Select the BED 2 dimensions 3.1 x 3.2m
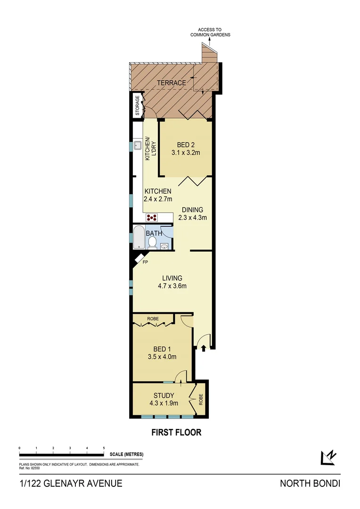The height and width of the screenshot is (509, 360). pos(186,152)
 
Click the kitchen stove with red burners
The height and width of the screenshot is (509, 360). pos(152,217)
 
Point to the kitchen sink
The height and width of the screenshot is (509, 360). pos(137,145)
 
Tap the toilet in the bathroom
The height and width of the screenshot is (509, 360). pos(152,242)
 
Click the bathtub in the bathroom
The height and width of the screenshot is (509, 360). pos(139,237)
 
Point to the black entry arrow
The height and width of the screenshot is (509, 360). pos(204,349)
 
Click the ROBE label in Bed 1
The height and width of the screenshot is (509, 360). pos(153,319)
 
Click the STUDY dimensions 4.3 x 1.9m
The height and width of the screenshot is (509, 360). pos(164,403)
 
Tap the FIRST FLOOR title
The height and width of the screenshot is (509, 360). pos(176,432)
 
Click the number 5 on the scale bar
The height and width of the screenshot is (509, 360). pos(104,448)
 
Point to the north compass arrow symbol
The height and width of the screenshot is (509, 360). pos(328,457)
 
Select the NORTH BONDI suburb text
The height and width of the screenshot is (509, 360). pos(310,484)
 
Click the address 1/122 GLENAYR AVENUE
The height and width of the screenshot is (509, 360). pos(71,484)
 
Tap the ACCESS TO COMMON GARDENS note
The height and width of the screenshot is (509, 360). pos(210,33)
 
